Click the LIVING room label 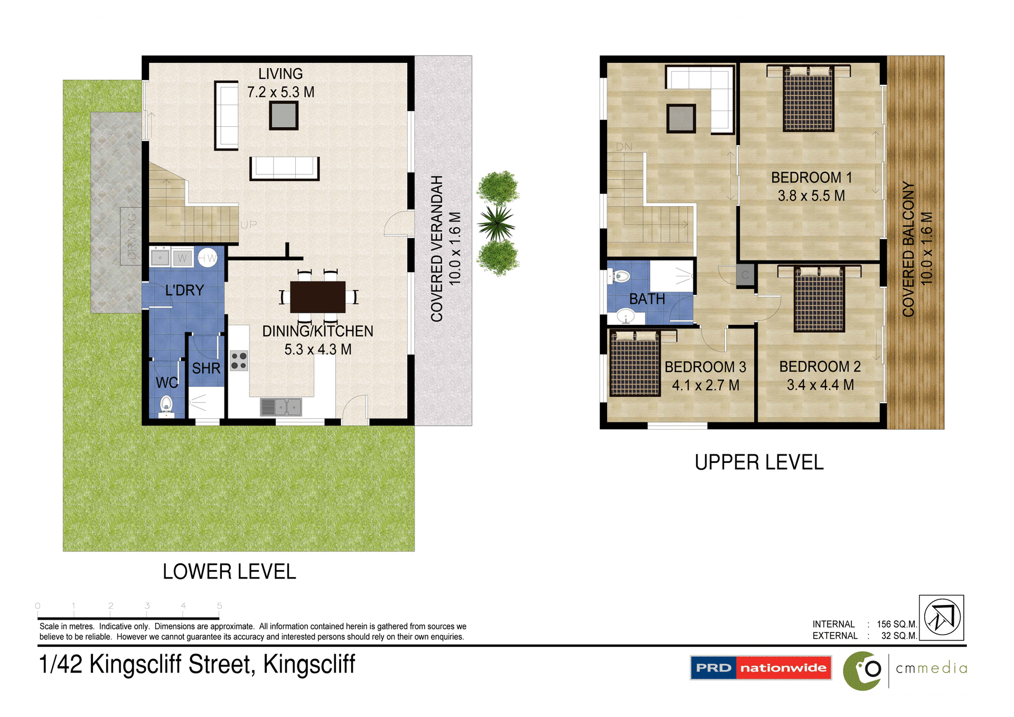(x=280, y=74)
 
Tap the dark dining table (x=317, y=297)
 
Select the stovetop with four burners (x=239, y=360)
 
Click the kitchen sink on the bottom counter (x=281, y=407)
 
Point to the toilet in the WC (x=166, y=405)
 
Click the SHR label (x=206, y=368)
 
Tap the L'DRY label (x=184, y=290)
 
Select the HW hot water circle (x=208, y=258)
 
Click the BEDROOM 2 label (x=820, y=367)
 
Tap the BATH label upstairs (x=647, y=299)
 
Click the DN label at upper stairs (x=624, y=147)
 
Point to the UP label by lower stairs (x=248, y=225)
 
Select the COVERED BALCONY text (x=908, y=248)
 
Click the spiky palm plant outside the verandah (x=496, y=222)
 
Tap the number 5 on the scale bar (x=219, y=606)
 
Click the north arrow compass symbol (x=942, y=617)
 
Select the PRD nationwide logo (x=760, y=668)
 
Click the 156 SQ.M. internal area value (x=897, y=624)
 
